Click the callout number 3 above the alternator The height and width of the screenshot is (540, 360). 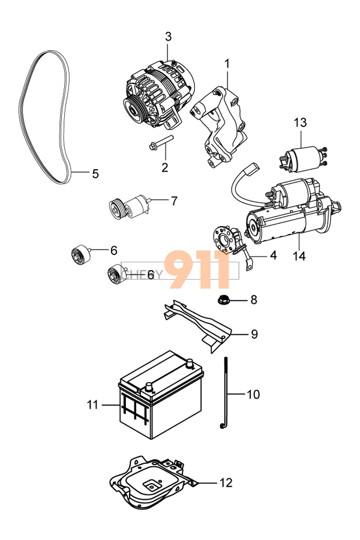168,37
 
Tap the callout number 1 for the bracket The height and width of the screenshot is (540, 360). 227,63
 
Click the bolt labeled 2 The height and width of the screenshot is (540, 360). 158,143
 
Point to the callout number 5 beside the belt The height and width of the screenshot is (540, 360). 95,174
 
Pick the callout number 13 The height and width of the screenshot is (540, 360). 300,123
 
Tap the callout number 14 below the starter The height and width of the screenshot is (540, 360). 299,256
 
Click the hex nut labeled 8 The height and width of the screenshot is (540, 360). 222,299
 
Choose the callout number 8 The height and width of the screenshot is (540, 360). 253,299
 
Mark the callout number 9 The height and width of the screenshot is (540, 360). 254,334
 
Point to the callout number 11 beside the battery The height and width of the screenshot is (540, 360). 92,405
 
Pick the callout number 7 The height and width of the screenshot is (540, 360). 174,201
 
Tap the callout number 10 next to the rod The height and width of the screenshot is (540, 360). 253,394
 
